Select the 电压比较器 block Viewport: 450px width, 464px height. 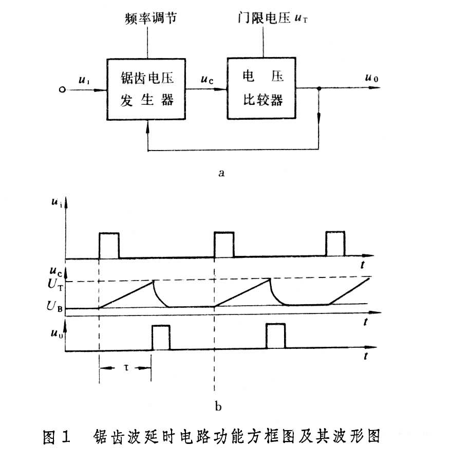pos(262,89)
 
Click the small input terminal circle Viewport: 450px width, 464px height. pos(62,89)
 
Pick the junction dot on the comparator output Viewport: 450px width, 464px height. pos(319,89)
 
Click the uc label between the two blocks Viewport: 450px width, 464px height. pos(208,80)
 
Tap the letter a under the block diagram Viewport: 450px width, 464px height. pos(221,173)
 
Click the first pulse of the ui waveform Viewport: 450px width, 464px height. pos(108,245)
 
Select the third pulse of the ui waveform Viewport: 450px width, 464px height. pos(335,243)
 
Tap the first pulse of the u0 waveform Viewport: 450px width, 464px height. pos(161,337)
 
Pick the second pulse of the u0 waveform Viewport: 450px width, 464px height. pos(275,337)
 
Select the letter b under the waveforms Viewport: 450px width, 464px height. pos(218,407)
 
